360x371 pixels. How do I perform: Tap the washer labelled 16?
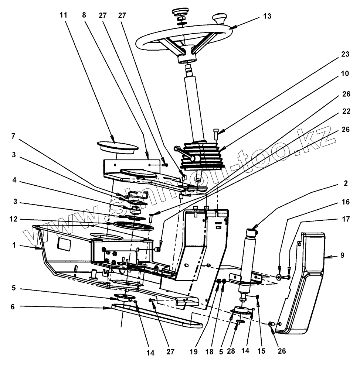tap(278, 277)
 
